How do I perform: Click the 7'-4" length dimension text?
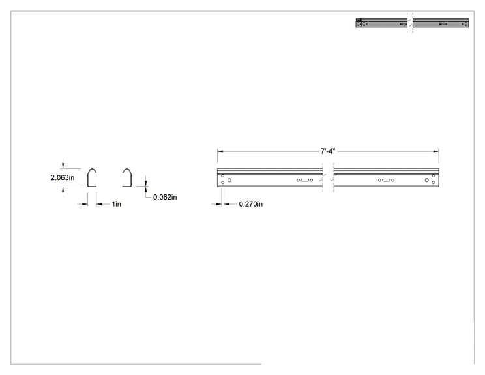328,151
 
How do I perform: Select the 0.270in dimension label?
251,204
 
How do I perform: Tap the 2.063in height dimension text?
63,177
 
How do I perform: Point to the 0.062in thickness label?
165,197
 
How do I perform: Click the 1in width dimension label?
116,204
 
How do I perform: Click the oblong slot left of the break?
304,180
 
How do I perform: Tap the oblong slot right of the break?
386,180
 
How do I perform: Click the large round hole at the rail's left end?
229,180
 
